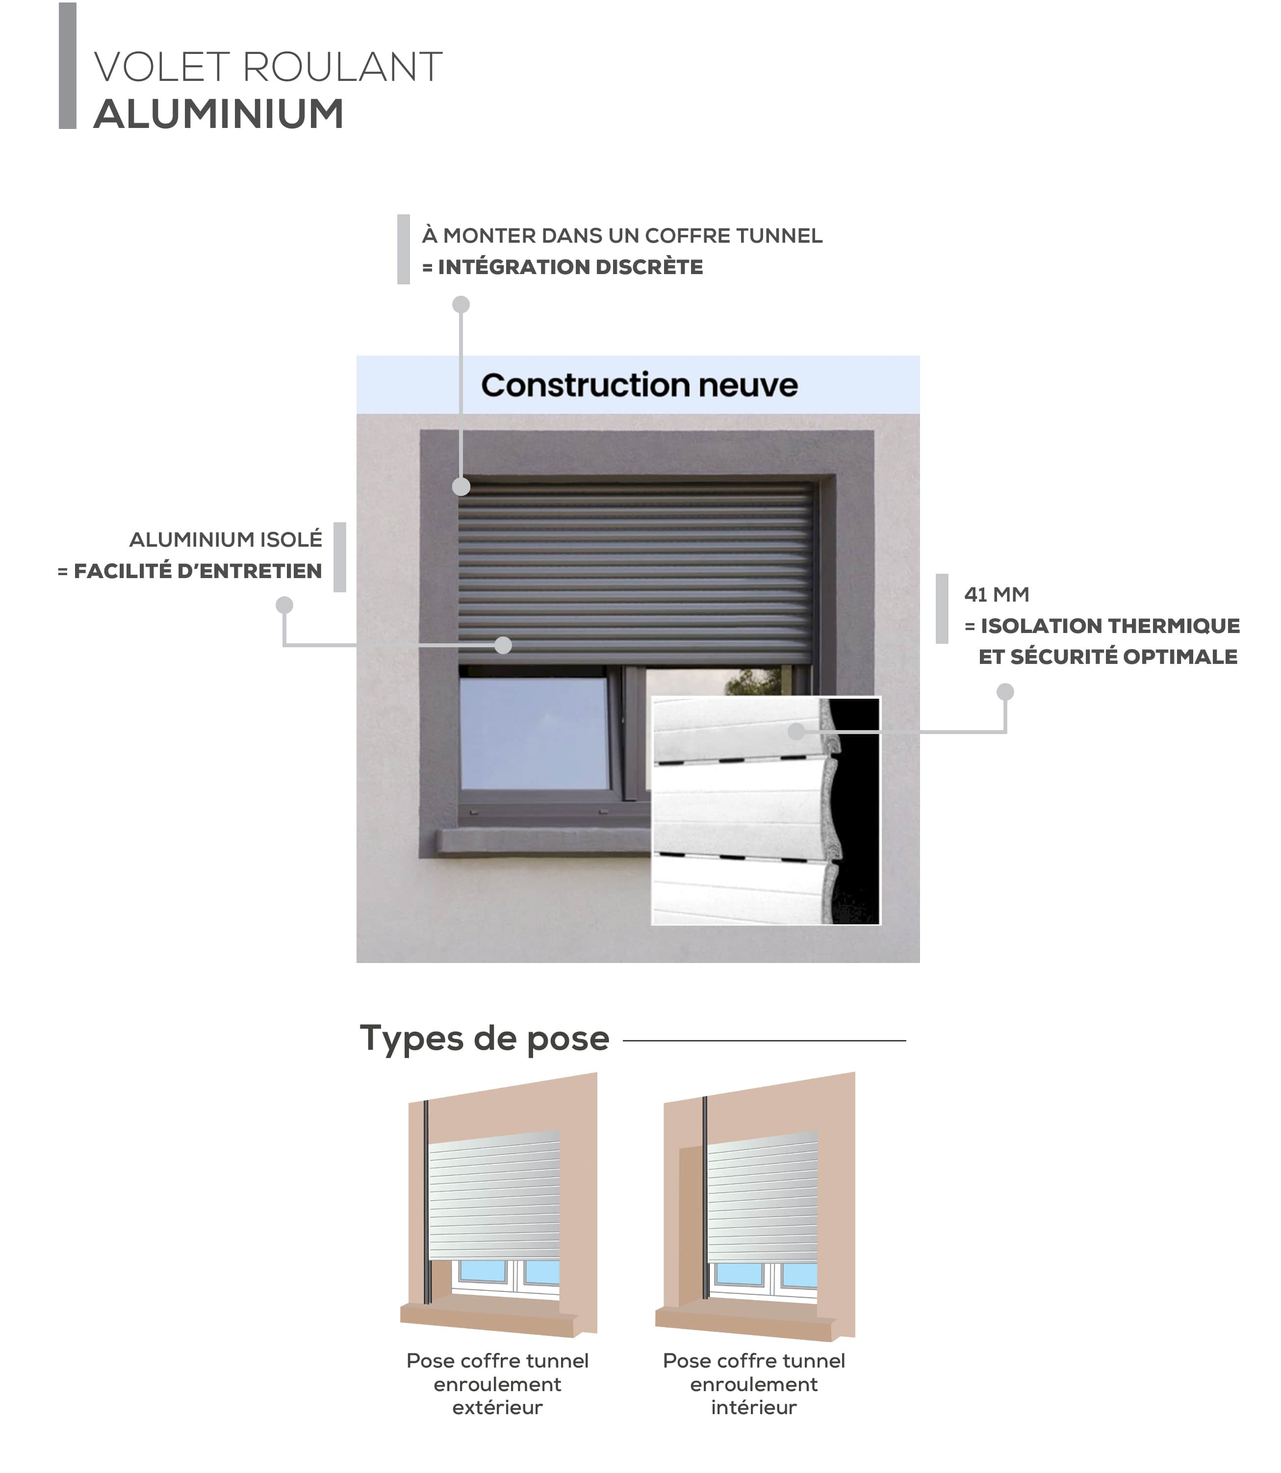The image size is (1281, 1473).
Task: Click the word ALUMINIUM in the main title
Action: point(219,114)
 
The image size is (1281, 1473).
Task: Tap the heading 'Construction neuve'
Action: point(639,385)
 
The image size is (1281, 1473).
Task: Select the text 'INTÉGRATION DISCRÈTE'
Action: point(570,267)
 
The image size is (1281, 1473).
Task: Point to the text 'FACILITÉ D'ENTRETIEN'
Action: point(198,571)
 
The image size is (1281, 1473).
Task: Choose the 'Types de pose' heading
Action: point(485,1039)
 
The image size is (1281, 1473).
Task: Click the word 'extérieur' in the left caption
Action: point(497,1407)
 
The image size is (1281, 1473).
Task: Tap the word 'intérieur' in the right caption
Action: point(753,1407)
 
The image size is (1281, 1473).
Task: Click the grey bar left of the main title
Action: point(68,66)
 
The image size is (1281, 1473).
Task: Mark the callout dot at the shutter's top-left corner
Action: point(461,487)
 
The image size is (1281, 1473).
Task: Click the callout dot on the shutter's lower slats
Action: point(503,645)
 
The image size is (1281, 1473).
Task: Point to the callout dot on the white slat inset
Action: point(796,731)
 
